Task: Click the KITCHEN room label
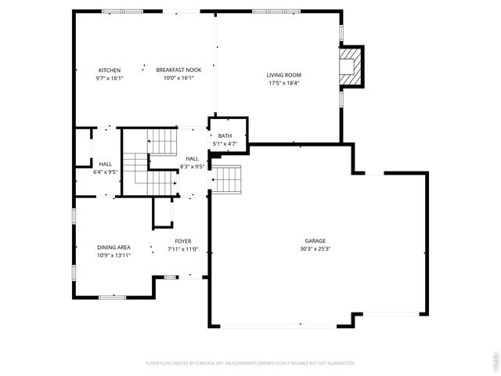coord(109,70)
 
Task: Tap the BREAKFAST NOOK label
coord(178,70)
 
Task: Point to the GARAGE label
coord(315,240)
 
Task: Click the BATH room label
coord(225,136)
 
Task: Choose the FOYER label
coord(183,241)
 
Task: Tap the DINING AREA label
coord(114,248)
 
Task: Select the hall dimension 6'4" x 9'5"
coord(105,171)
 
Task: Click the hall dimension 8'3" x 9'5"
coord(192,166)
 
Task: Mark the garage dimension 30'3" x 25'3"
coord(315,249)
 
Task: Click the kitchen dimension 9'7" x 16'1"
coord(109,78)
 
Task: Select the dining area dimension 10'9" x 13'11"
coord(114,255)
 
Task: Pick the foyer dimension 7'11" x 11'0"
coord(183,249)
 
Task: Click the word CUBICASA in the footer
coord(229,363)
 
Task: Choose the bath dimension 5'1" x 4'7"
coord(225,144)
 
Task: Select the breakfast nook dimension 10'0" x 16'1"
coord(178,78)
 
